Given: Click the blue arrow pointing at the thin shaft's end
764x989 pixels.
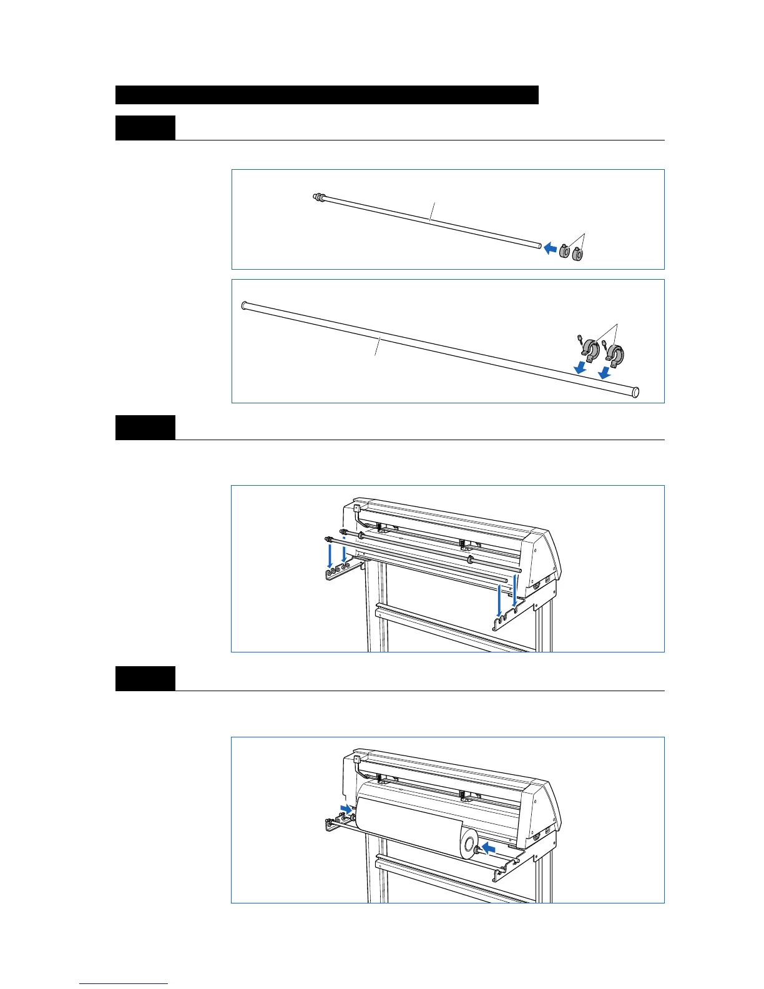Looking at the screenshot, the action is pyautogui.click(x=550, y=248).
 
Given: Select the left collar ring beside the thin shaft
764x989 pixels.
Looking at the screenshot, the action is pyautogui.click(x=564, y=252).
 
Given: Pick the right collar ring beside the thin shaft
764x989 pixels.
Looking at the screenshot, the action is pyautogui.click(x=577, y=254).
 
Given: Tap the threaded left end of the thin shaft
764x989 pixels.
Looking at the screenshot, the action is pyautogui.click(x=319, y=197).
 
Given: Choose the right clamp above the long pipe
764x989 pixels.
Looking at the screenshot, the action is pyautogui.click(x=615, y=355).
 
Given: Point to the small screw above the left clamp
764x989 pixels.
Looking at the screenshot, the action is pyautogui.click(x=580, y=338).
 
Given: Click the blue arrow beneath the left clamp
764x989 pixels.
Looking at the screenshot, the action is pyautogui.click(x=580, y=367).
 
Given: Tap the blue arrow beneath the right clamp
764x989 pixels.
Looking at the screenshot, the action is pyautogui.click(x=604, y=373).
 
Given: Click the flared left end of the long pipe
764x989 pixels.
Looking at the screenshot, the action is pyautogui.click(x=245, y=306).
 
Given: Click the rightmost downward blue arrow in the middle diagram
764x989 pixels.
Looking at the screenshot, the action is pyautogui.click(x=514, y=590).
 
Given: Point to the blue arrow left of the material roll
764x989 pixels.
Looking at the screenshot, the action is pyautogui.click(x=345, y=809).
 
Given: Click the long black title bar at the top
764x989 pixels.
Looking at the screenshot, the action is pyautogui.click(x=327, y=95).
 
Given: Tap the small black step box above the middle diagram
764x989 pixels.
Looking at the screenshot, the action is pyautogui.click(x=145, y=428).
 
